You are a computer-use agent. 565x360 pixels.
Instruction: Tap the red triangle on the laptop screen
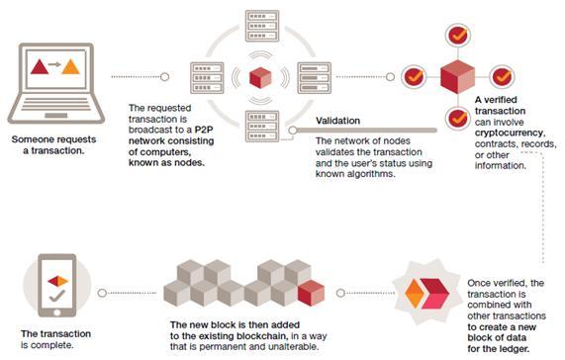click(40, 68)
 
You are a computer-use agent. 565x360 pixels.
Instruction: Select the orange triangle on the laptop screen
click(72, 68)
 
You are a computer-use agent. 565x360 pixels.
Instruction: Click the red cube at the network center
click(260, 76)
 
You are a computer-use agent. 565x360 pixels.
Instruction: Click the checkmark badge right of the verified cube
click(503, 75)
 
